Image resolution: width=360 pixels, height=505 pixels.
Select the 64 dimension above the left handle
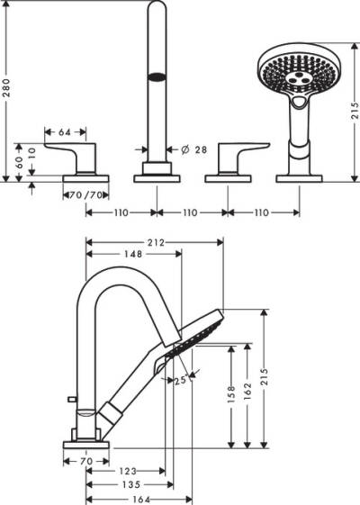[x=65, y=132]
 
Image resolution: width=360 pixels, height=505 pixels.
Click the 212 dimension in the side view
[x=154, y=241]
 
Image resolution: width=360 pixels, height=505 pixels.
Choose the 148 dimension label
[x=133, y=254]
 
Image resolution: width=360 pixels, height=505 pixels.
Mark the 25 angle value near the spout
[x=180, y=380]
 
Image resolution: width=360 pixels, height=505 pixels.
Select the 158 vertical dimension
[x=232, y=393]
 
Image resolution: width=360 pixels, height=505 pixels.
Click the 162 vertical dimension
[x=247, y=393]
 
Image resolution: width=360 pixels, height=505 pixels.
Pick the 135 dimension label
[x=130, y=484]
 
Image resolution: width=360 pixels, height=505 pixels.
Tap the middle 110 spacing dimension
[x=191, y=212]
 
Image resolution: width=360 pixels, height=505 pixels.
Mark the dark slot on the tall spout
[x=157, y=77]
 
